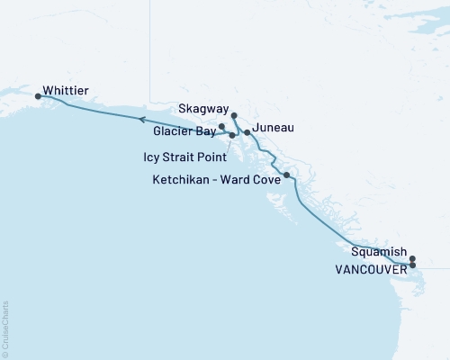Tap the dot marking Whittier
tap(38, 95)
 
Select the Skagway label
tap(202, 107)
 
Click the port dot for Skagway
tap(233, 115)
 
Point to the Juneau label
tap(274, 128)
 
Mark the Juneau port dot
tap(247, 132)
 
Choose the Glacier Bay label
tap(184, 130)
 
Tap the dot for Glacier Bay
tap(221, 127)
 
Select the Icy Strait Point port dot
tap(232, 136)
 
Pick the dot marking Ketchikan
tap(286, 175)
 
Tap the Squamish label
tap(379, 252)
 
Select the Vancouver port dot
tap(412, 265)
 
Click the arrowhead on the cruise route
tap(141, 118)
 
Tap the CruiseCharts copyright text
tap(5, 328)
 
